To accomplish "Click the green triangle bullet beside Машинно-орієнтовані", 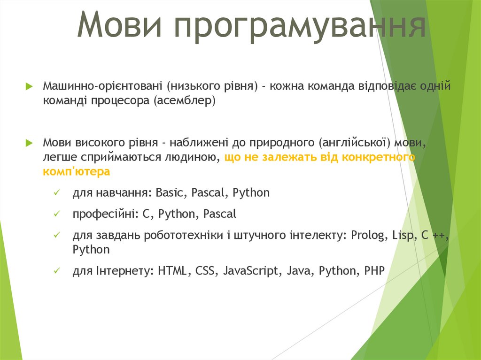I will coord(29,86).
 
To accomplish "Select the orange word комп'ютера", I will coord(77,171).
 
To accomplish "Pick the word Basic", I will coord(171,193).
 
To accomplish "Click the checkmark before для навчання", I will coord(57,193).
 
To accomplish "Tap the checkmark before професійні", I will coord(57,214).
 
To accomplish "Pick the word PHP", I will coord(374,271).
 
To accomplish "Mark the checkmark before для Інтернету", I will coord(57,271).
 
